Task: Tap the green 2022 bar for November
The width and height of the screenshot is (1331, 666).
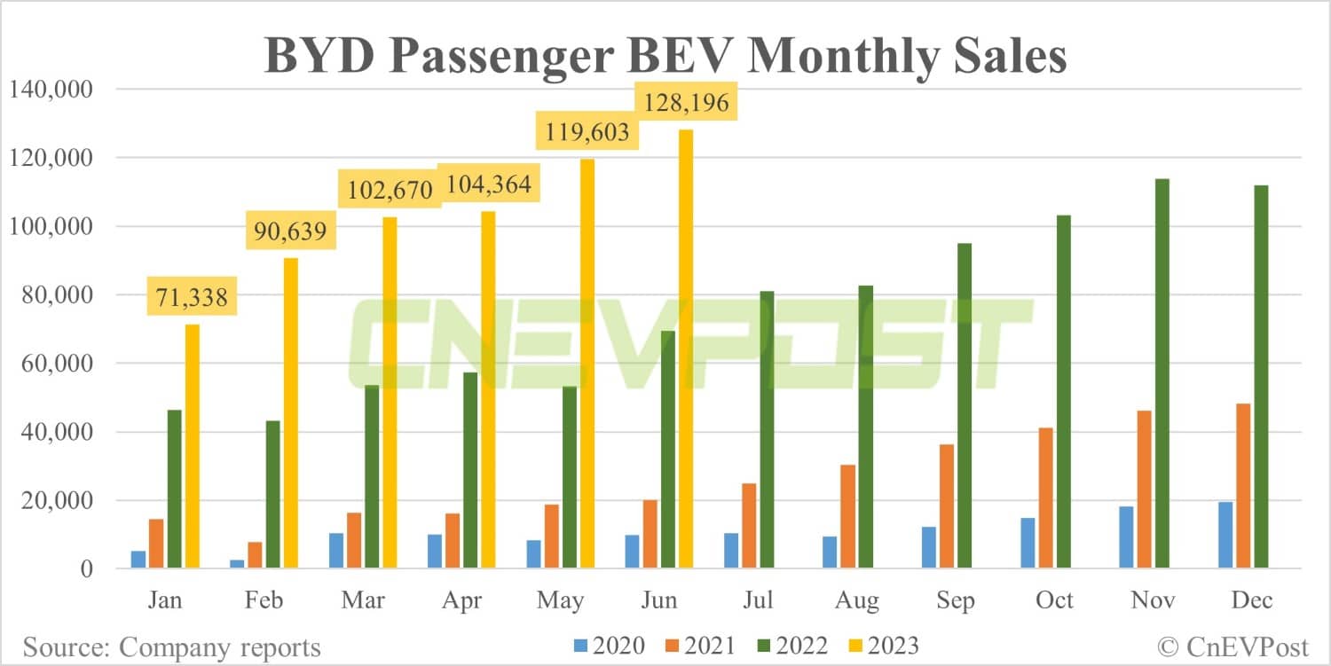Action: coord(1162,373)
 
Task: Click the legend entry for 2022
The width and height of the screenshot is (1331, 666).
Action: coord(792,646)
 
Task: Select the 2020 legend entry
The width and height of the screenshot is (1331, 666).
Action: coord(608,646)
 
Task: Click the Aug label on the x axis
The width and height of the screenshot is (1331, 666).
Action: coord(857,600)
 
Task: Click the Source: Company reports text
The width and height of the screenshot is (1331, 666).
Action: coord(171,646)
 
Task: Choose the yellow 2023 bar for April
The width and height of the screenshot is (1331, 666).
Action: coord(489,389)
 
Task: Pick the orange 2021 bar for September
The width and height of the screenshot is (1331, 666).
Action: coord(947,506)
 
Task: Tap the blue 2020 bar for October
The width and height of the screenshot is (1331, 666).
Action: coord(1028,543)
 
